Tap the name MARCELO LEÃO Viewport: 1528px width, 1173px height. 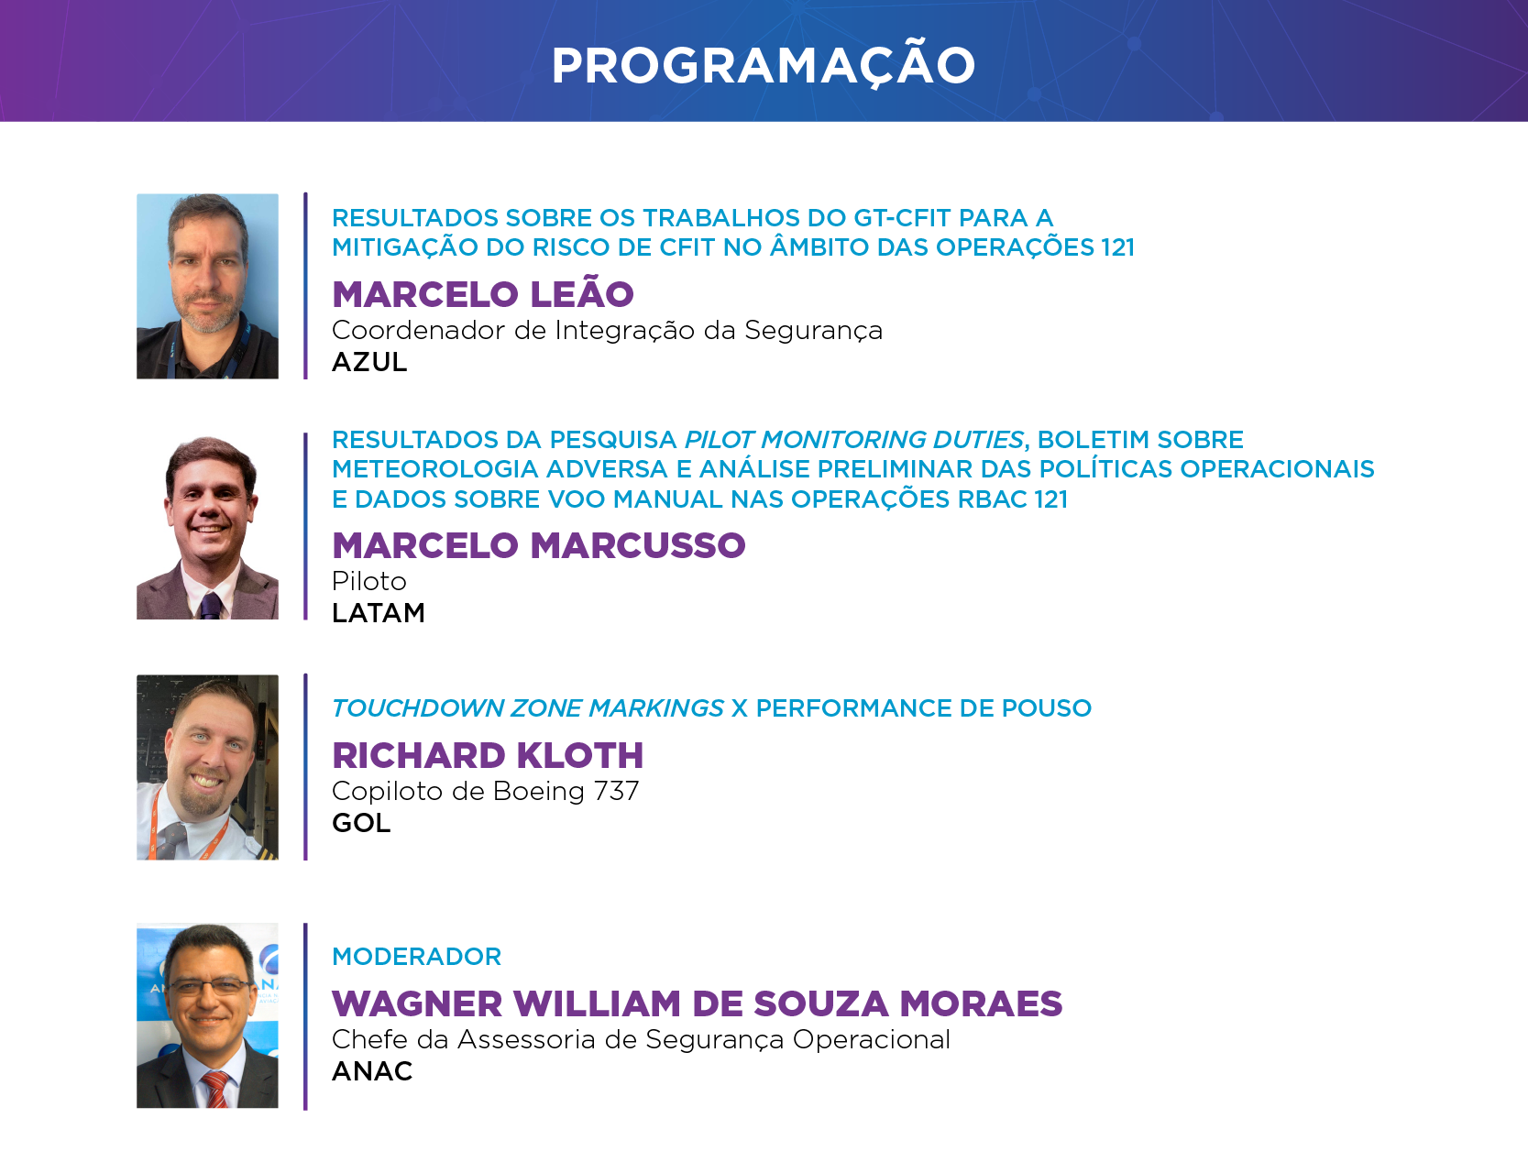click(483, 294)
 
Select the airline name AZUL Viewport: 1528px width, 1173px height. click(369, 362)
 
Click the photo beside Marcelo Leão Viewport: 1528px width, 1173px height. click(207, 286)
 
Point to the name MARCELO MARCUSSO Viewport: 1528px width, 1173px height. click(539, 545)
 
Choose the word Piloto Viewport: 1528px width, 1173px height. click(369, 581)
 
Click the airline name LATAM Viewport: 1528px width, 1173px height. click(379, 612)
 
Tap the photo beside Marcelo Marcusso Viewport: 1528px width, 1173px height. click(207, 527)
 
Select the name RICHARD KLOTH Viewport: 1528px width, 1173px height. click(488, 755)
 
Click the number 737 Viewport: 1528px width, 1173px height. click(616, 791)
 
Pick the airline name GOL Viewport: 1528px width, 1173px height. click(361, 822)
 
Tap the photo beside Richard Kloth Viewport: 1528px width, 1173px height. click(207, 767)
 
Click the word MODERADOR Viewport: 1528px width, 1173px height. click(417, 957)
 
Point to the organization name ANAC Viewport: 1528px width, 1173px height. click(372, 1070)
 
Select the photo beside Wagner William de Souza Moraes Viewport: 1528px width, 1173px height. click(207, 1015)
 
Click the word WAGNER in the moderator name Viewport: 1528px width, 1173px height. click(417, 1003)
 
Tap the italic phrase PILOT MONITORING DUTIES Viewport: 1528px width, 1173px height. click(854, 440)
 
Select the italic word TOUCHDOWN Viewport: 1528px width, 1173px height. click(418, 708)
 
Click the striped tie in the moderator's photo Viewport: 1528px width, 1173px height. click(215, 1090)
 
